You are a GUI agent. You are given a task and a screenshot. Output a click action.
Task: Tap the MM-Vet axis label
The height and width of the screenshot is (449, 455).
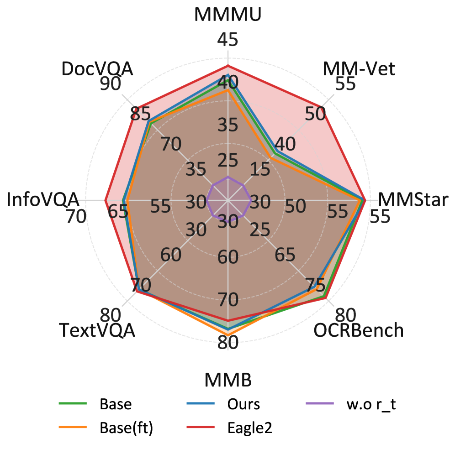coord(358,69)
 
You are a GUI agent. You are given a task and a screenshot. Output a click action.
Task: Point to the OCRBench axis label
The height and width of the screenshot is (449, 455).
coord(359,330)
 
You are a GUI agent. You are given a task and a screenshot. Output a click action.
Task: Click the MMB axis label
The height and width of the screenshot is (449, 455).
coord(228,380)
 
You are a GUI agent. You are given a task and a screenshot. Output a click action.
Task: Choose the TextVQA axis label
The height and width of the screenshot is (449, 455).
coord(97,330)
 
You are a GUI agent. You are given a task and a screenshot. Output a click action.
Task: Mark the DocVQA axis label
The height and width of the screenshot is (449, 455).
coord(97,69)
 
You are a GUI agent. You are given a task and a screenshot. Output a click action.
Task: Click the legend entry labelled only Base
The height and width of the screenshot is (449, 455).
coord(116,404)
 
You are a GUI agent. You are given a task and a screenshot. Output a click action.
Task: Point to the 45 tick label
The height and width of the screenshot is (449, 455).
coord(227,40)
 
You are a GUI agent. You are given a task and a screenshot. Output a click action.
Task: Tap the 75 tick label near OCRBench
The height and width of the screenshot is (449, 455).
coord(315,286)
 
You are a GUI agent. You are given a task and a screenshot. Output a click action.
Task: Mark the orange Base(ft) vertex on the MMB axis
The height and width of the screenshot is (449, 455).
coord(228,334)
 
